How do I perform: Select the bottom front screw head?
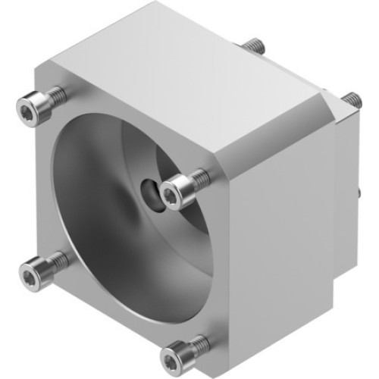coord(175,355)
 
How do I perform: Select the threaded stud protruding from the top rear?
coord(253,46)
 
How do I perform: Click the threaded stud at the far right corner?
coord(351,99)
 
